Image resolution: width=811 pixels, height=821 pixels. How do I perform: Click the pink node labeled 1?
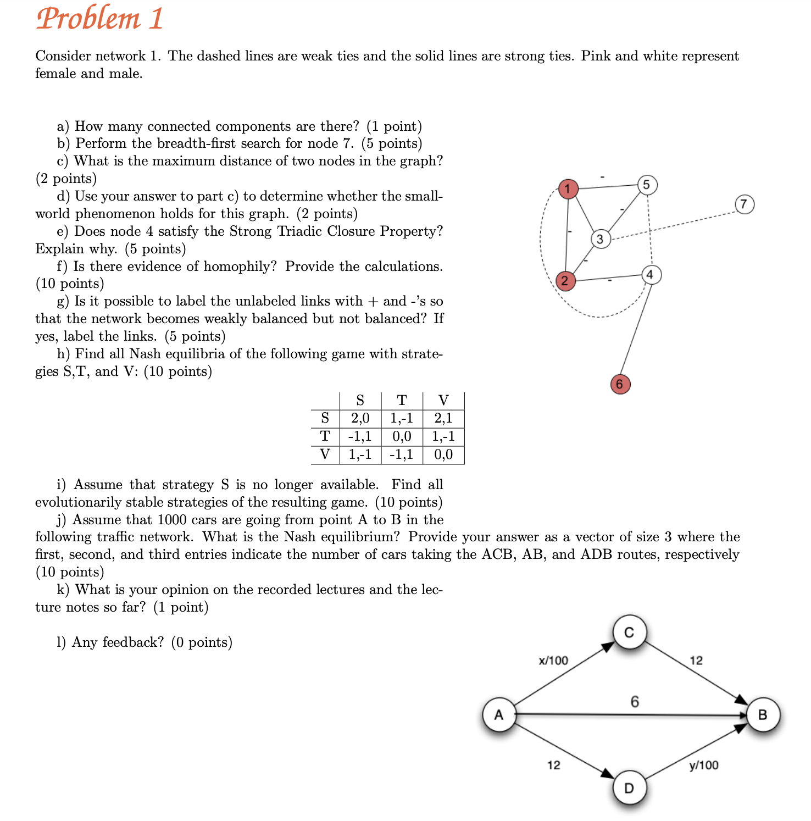point(568,189)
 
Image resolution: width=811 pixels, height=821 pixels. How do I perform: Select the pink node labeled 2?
point(565,281)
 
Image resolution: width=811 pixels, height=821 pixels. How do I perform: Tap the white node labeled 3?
point(601,239)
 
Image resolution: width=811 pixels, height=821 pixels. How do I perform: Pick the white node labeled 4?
point(651,274)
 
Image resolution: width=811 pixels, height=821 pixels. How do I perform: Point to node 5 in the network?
point(647,185)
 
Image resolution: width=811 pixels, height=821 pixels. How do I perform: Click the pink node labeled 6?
point(620,384)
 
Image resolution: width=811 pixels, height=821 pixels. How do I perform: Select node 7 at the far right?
point(744,204)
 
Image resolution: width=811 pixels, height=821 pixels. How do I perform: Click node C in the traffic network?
point(630,633)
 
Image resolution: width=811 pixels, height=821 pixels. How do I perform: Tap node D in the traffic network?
point(630,788)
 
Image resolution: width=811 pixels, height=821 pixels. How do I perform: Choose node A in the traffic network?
point(499,715)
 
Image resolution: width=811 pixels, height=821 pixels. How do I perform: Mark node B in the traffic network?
point(763,715)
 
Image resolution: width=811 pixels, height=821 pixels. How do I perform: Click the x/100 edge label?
point(553,661)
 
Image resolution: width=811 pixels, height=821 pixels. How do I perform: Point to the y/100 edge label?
point(704,765)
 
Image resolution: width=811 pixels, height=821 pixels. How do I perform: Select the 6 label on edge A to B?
point(635,702)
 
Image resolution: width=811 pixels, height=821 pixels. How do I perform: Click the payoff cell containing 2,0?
point(360,419)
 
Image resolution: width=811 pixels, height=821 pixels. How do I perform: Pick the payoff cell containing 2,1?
point(443,419)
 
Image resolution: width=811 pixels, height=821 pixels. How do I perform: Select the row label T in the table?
point(325,436)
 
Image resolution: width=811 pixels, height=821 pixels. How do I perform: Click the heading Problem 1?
point(100,19)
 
